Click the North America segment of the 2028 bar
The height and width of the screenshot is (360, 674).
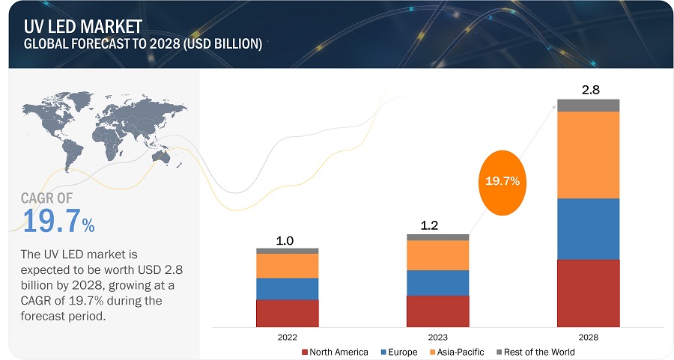tap(588, 293)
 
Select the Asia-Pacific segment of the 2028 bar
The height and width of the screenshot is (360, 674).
tap(588, 154)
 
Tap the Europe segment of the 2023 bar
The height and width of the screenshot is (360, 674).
tap(437, 282)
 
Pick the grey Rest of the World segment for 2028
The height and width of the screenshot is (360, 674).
tap(588, 105)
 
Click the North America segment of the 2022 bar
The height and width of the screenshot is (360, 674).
tap(287, 313)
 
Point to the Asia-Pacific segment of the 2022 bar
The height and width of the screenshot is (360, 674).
tap(287, 266)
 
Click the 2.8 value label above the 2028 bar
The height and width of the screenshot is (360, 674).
tap(590, 90)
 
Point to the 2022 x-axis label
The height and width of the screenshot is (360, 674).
tap(288, 338)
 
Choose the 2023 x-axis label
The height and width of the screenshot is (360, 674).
tap(437, 338)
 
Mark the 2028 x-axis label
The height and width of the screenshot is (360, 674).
tap(588, 338)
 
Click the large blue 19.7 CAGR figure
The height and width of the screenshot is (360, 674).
tap(51, 222)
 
